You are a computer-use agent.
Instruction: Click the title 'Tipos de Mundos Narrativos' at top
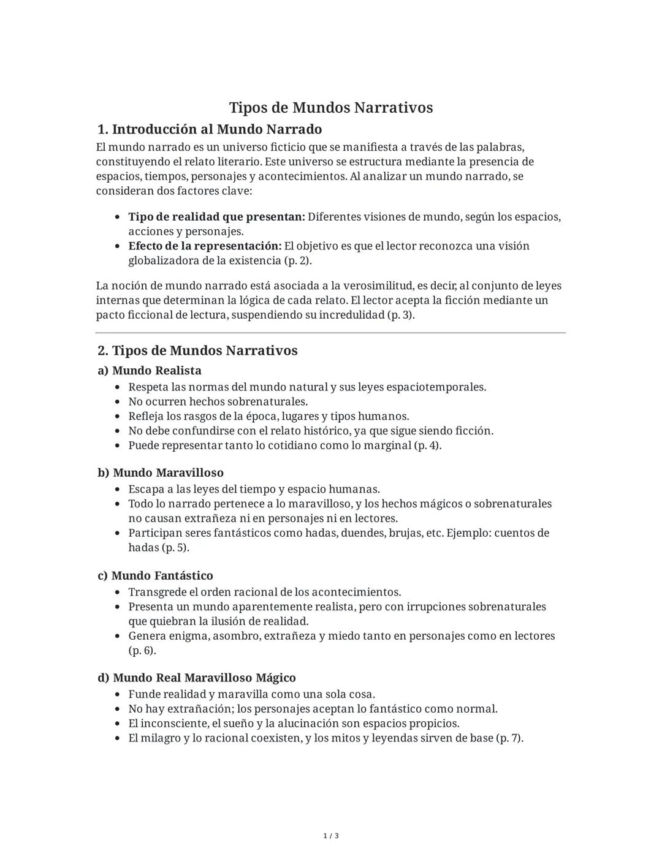coord(331,108)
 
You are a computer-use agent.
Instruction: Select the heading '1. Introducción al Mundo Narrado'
coord(210,129)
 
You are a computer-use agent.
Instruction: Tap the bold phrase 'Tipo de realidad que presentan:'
coord(216,217)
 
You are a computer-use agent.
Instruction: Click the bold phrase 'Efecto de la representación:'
coord(205,246)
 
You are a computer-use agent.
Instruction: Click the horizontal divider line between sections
coord(331,333)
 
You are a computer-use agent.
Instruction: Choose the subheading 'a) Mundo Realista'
coord(150,371)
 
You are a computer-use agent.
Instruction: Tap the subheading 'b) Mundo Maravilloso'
coord(161,473)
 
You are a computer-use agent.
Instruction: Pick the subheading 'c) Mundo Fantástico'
coord(156,576)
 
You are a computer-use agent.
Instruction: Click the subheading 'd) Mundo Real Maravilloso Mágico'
coord(197,678)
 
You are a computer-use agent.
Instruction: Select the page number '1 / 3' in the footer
coord(331,836)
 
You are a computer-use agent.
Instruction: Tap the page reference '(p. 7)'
coord(509,738)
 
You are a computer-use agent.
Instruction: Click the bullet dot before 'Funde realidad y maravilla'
coord(118,695)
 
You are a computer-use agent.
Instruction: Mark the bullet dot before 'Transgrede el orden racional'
coord(118,593)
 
